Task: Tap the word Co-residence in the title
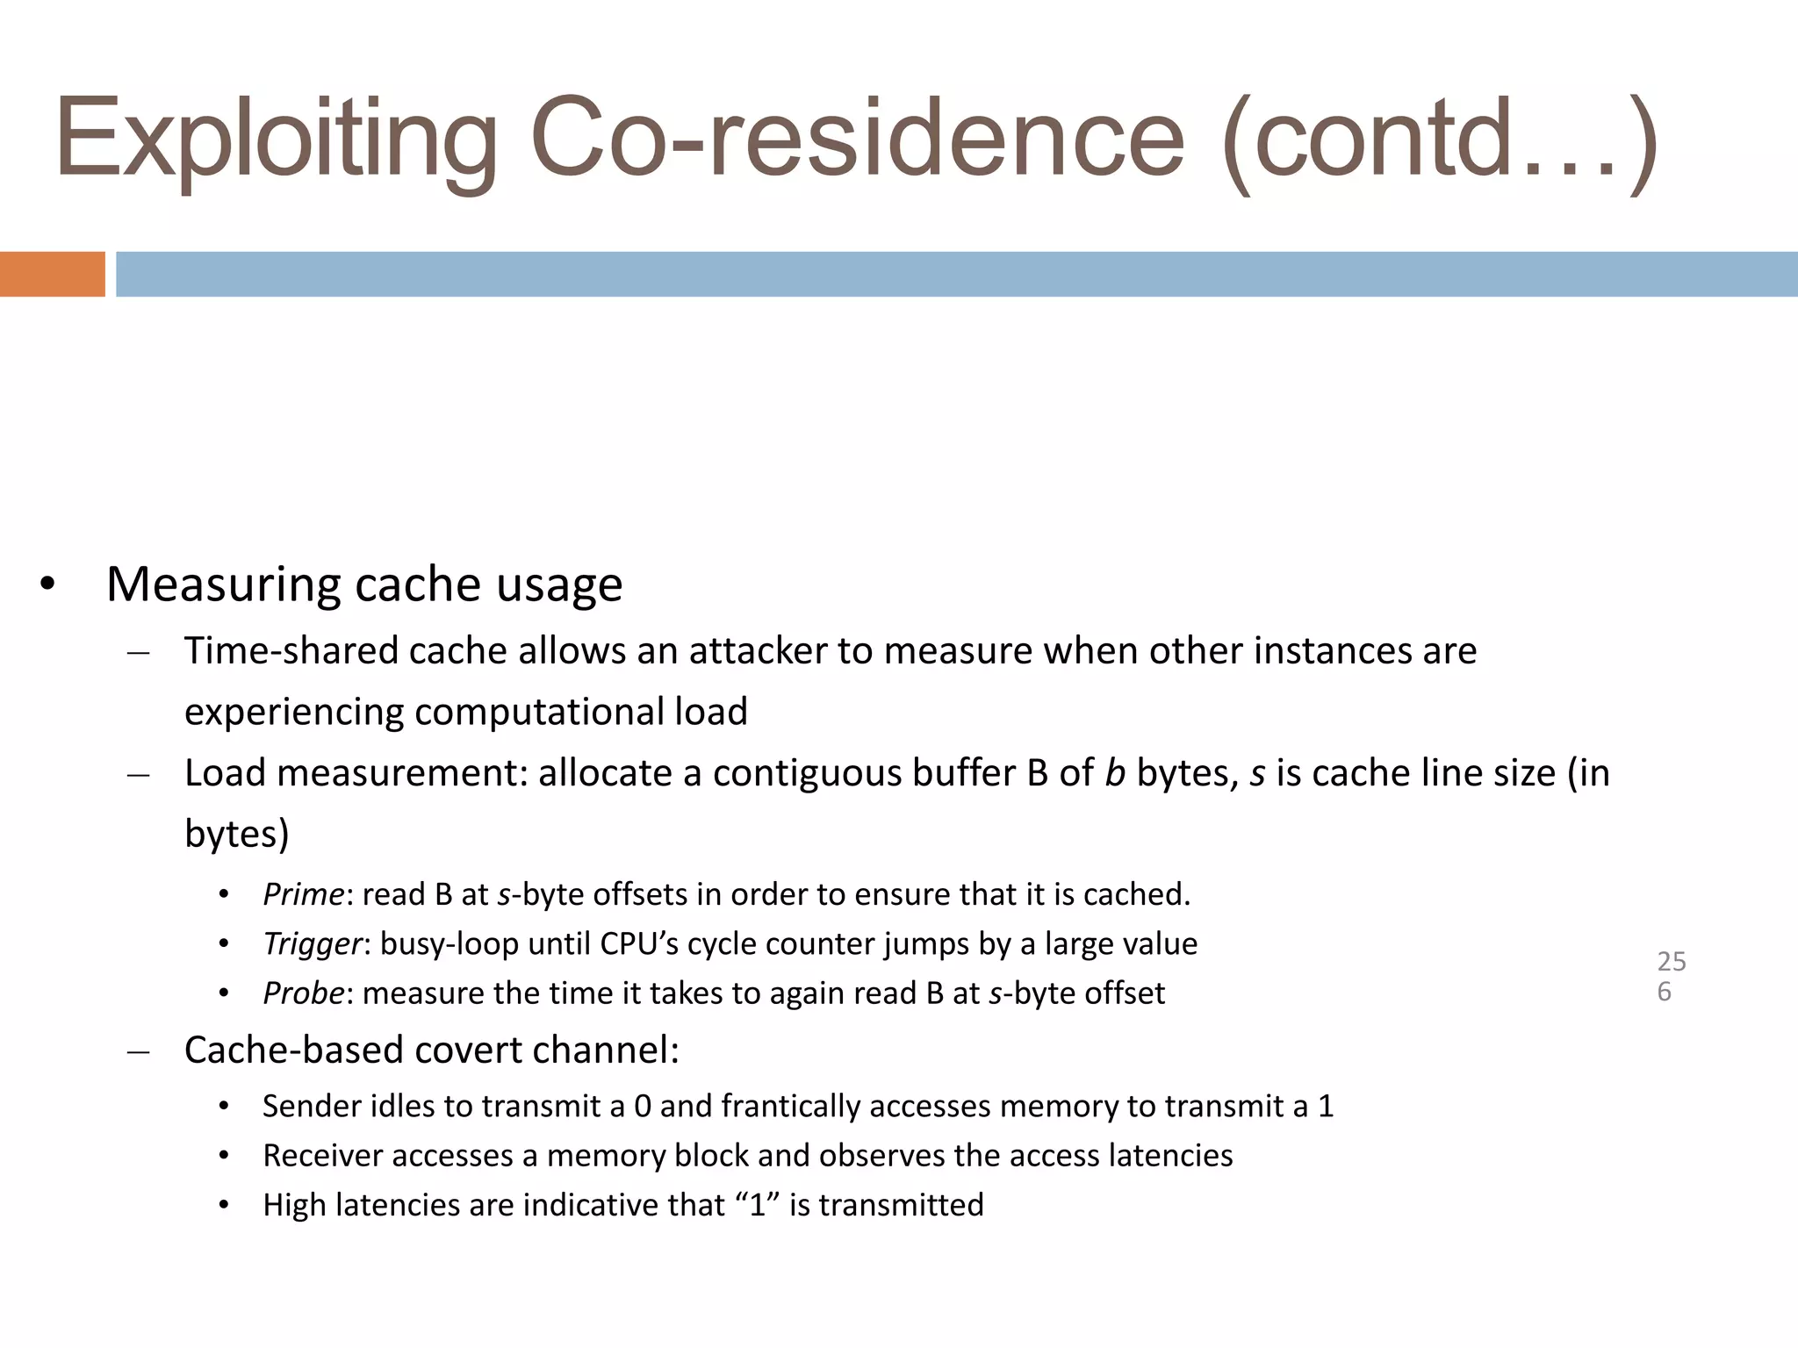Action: [x=857, y=140]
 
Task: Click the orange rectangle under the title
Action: [x=52, y=274]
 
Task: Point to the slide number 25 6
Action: [x=1671, y=976]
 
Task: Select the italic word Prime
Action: [x=303, y=894]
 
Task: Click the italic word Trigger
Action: [x=312, y=943]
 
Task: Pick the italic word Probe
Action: [x=303, y=993]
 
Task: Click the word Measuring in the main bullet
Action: [x=223, y=584]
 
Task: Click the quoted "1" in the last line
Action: [x=758, y=1205]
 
